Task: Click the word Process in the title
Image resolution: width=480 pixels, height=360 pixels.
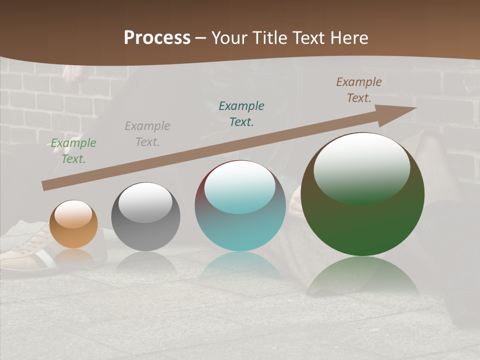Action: (x=157, y=38)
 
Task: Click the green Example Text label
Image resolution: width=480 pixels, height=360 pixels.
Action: (x=73, y=151)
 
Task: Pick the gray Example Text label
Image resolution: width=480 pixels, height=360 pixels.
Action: (x=147, y=134)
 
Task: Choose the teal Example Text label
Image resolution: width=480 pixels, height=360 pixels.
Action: (x=241, y=113)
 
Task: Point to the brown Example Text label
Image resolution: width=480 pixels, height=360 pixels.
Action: (x=359, y=90)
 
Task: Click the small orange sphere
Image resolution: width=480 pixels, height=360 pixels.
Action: (x=73, y=224)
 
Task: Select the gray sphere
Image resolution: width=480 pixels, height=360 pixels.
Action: (x=145, y=217)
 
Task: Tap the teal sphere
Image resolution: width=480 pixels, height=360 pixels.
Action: (x=240, y=206)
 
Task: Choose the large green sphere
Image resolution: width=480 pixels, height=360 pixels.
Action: (x=362, y=194)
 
